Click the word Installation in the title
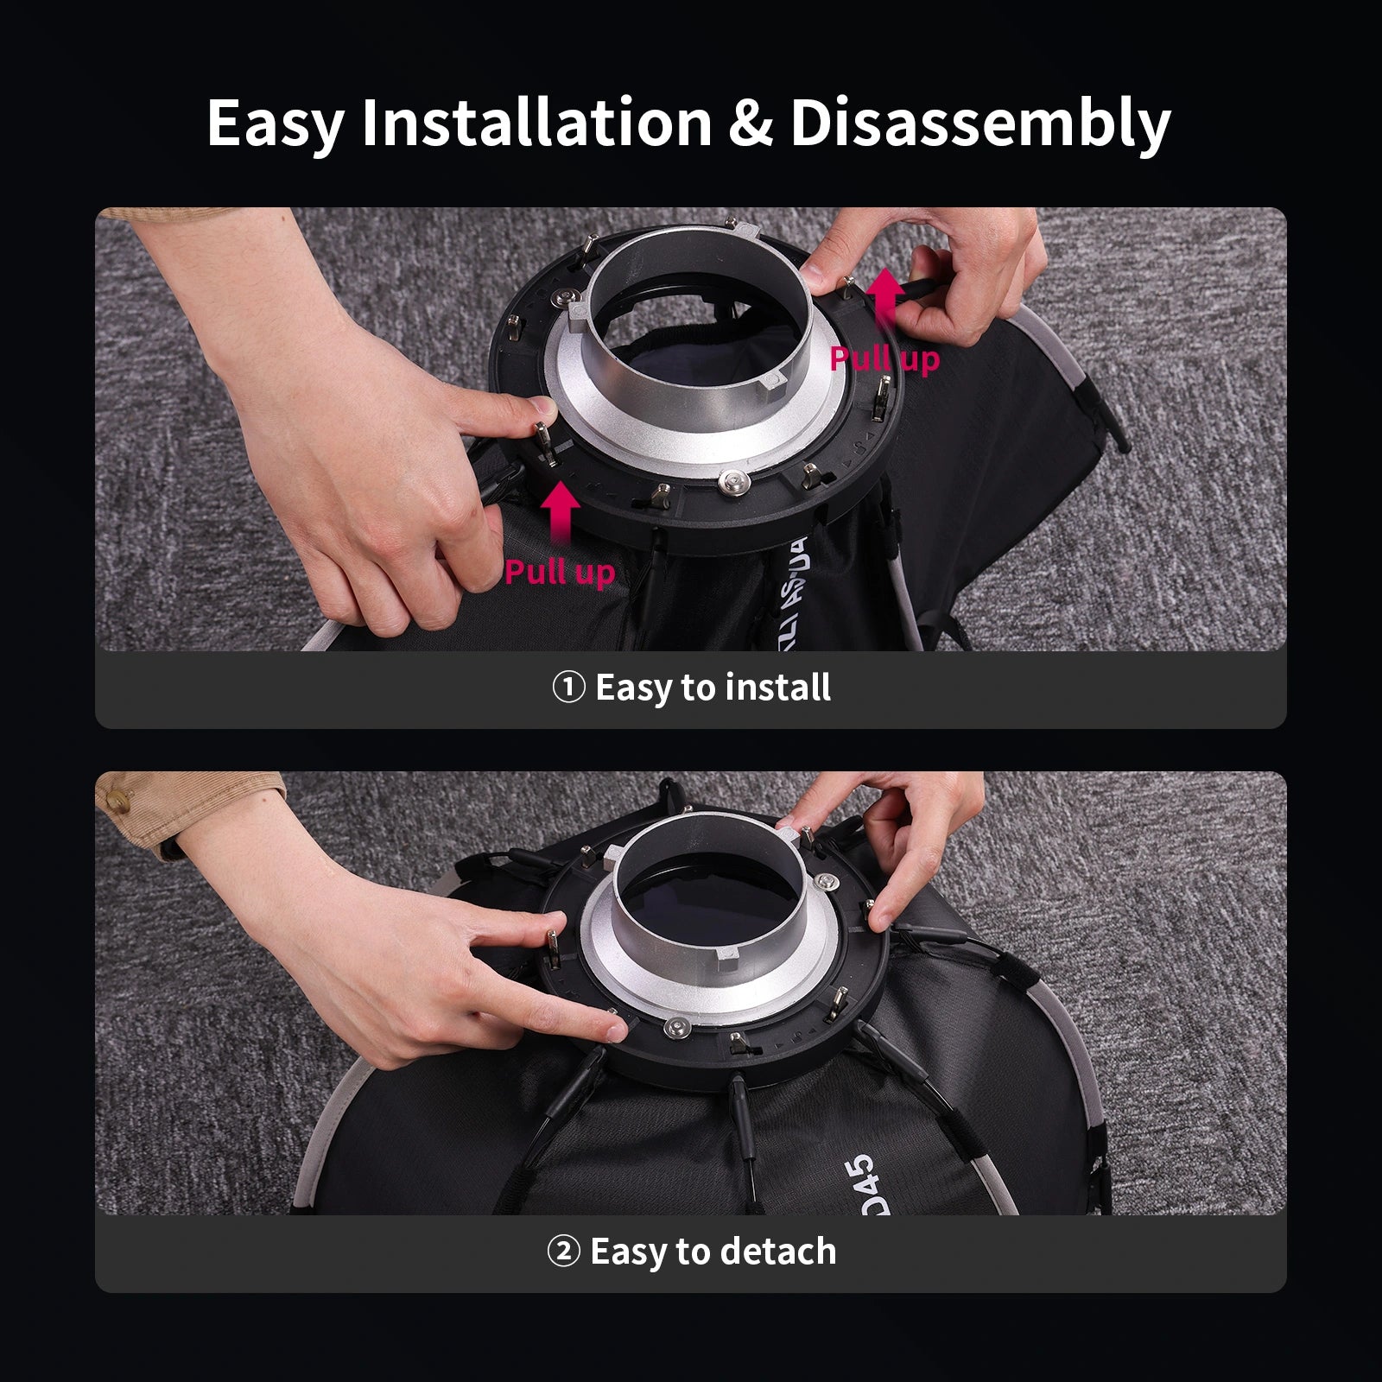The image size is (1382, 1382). pos(536,124)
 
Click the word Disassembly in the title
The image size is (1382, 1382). pos(979,124)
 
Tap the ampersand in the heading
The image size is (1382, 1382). pos(750,124)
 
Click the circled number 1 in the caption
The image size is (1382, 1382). pos(568,688)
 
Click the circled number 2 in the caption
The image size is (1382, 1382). pos(563,1252)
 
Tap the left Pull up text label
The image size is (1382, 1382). pos(560,572)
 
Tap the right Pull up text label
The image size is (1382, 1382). pos(884,358)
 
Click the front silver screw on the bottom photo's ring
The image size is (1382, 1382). pos(675,1027)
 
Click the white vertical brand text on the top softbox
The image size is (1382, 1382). pos(794,587)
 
